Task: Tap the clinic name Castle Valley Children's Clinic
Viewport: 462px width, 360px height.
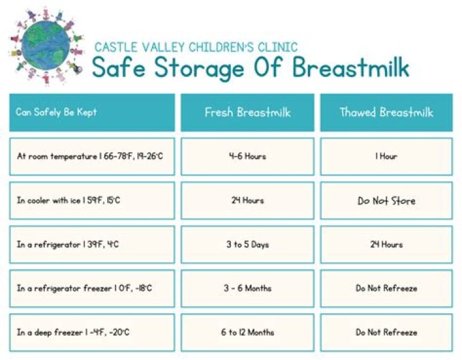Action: tap(196, 47)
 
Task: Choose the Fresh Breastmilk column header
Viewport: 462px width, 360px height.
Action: tap(248, 112)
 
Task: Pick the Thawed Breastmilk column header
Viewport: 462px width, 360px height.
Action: tap(386, 112)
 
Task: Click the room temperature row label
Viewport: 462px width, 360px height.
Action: tap(92, 156)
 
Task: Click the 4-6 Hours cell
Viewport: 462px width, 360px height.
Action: tap(248, 156)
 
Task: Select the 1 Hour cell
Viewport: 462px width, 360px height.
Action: tap(386, 156)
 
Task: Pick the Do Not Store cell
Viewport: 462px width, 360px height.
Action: tap(386, 201)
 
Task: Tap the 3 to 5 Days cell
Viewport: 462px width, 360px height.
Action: tap(248, 244)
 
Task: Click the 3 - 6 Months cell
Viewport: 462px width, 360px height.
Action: tap(248, 288)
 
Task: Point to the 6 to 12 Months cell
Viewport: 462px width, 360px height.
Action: tap(248, 332)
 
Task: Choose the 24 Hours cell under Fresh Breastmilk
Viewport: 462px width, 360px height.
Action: tap(248, 200)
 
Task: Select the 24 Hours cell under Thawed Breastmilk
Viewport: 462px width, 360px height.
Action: tap(386, 244)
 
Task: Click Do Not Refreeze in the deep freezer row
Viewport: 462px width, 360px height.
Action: tap(386, 332)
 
